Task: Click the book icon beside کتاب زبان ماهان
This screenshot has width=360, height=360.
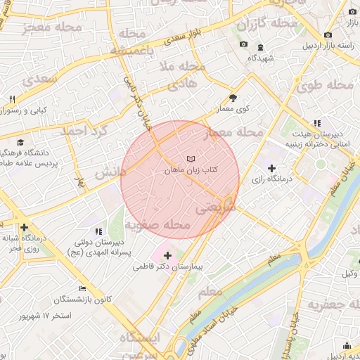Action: click(x=191, y=160)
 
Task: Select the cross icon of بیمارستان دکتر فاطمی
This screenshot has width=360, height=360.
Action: click(x=167, y=255)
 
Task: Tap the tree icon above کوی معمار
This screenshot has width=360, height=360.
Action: click(x=233, y=98)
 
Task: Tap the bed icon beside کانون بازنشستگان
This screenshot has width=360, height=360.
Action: click(x=83, y=289)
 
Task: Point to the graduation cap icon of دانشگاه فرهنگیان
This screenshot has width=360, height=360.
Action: click(x=20, y=141)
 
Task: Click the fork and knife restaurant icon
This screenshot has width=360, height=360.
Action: click(x=12, y=99)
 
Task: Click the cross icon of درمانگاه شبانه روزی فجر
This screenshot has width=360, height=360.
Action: click(x=25, y=227)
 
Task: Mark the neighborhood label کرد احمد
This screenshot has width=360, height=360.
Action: click(x=81, y=131)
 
